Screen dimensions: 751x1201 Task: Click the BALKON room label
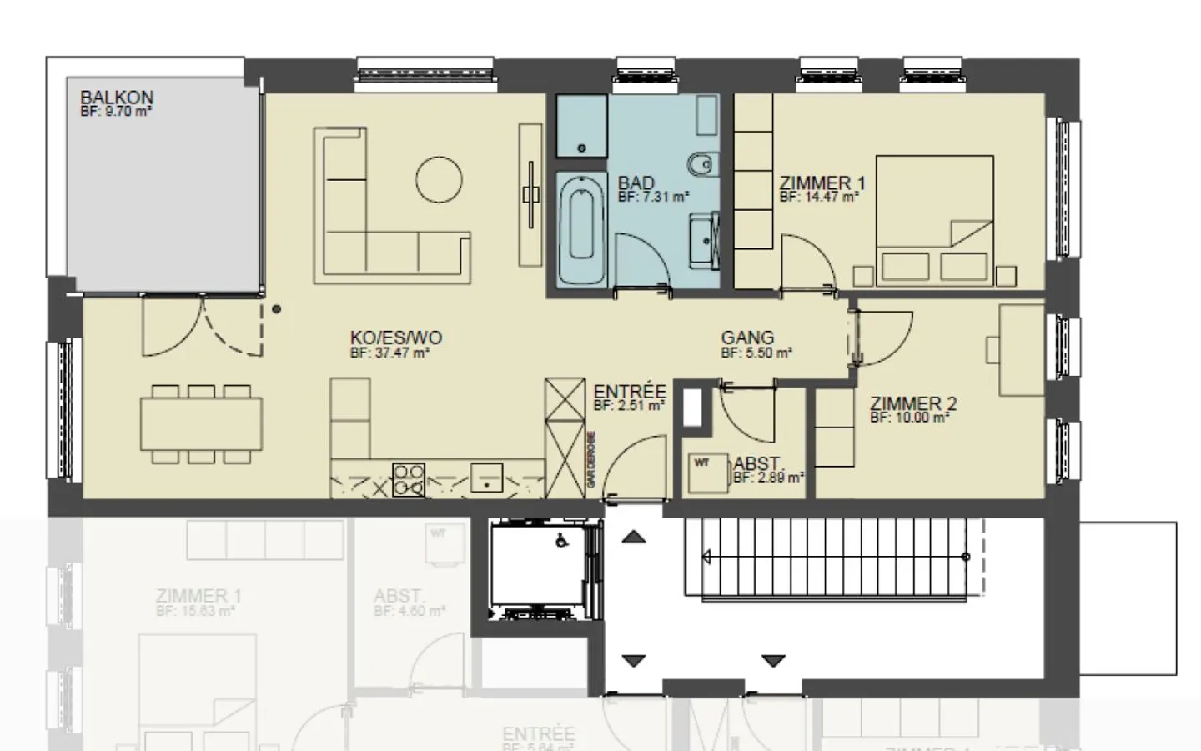pyautogui.click(x=117, y=98)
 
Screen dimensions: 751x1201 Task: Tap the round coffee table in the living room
pyautogui.click(x=439, y=179)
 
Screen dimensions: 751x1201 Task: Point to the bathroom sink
pyautogui.click(x=705, y=240)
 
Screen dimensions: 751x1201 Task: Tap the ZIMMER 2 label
pyautogui.click(x=913, y=403)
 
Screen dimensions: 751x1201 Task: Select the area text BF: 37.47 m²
pyautogui.click(x=389, y=353)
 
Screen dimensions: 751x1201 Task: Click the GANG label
pyautogui.click(x=747, y=338)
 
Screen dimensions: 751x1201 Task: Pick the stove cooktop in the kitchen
pyautogui.click(x=408, y=480)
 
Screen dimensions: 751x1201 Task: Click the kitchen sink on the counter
pyautogui.click(x=486, y=478)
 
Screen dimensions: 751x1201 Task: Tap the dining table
pyautogui.click(x=201, y=424)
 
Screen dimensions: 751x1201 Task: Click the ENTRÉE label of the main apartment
pyautogui.click(x=630, y=392)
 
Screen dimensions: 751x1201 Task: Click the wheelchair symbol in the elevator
pyautogui.click(x=562, y=540)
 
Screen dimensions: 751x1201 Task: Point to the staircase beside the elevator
pyautogui.click(x=834, y=557)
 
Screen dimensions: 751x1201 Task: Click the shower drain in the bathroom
pyautogui.click(x=581, y=148)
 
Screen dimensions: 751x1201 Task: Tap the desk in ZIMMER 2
pyautogui.click(x=1022, y=350)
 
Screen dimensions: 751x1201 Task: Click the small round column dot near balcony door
pyautogui.click(x=276, y=309)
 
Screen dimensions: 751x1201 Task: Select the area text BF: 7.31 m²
pyautogui.click(x=653, y=198)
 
